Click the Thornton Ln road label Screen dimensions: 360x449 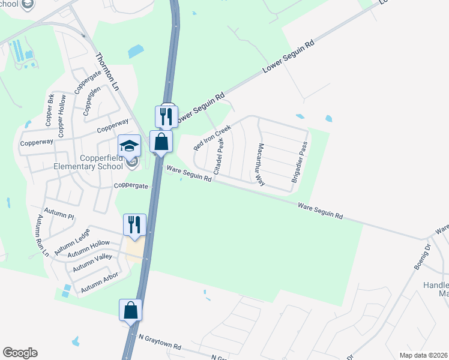coord(107,71)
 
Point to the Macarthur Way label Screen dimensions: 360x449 coord(261,164)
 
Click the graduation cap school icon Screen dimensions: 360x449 coord(130,145)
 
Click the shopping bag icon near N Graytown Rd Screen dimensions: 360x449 coord(130,310)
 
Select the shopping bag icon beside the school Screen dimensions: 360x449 coord(161,142)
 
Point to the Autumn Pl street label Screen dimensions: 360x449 coord(62,216)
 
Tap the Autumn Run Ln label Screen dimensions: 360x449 coord(43,235)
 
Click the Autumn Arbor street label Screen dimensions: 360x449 coord(100,283)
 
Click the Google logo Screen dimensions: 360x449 coord(20,353)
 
